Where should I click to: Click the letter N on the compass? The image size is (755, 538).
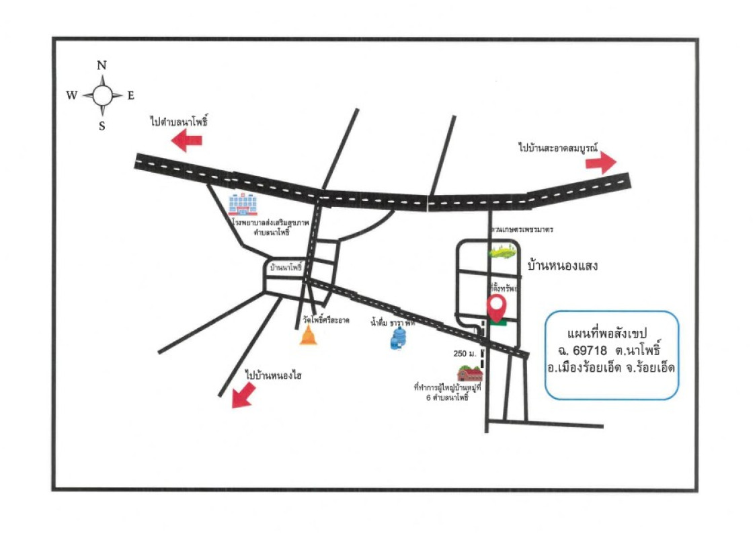102,65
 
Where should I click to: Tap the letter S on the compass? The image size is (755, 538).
102,126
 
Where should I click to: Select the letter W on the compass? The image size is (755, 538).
71,95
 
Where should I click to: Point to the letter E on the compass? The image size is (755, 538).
131,95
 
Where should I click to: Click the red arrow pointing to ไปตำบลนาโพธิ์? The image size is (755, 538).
187,141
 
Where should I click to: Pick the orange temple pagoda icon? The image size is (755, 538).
309,336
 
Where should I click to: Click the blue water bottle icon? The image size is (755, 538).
399,339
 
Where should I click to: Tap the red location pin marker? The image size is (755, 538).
497,308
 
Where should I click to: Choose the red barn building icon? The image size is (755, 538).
470,374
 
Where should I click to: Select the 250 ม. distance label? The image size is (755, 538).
464,354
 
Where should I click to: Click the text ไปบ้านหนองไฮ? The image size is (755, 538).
273,375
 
